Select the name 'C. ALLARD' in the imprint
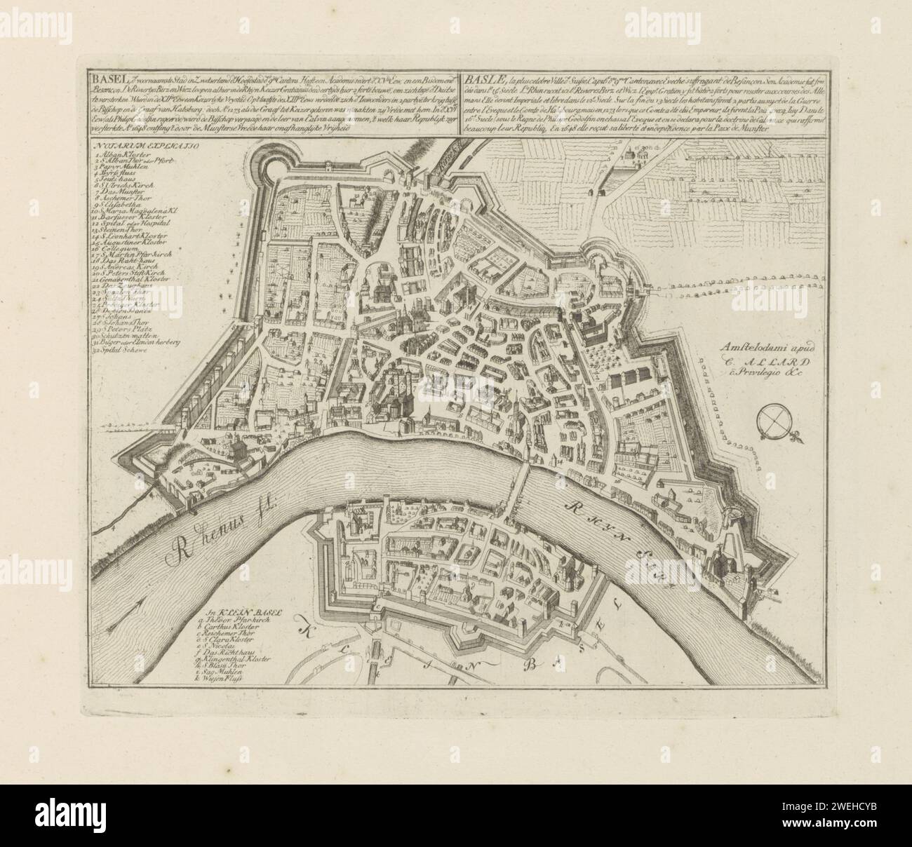coord(769,362)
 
